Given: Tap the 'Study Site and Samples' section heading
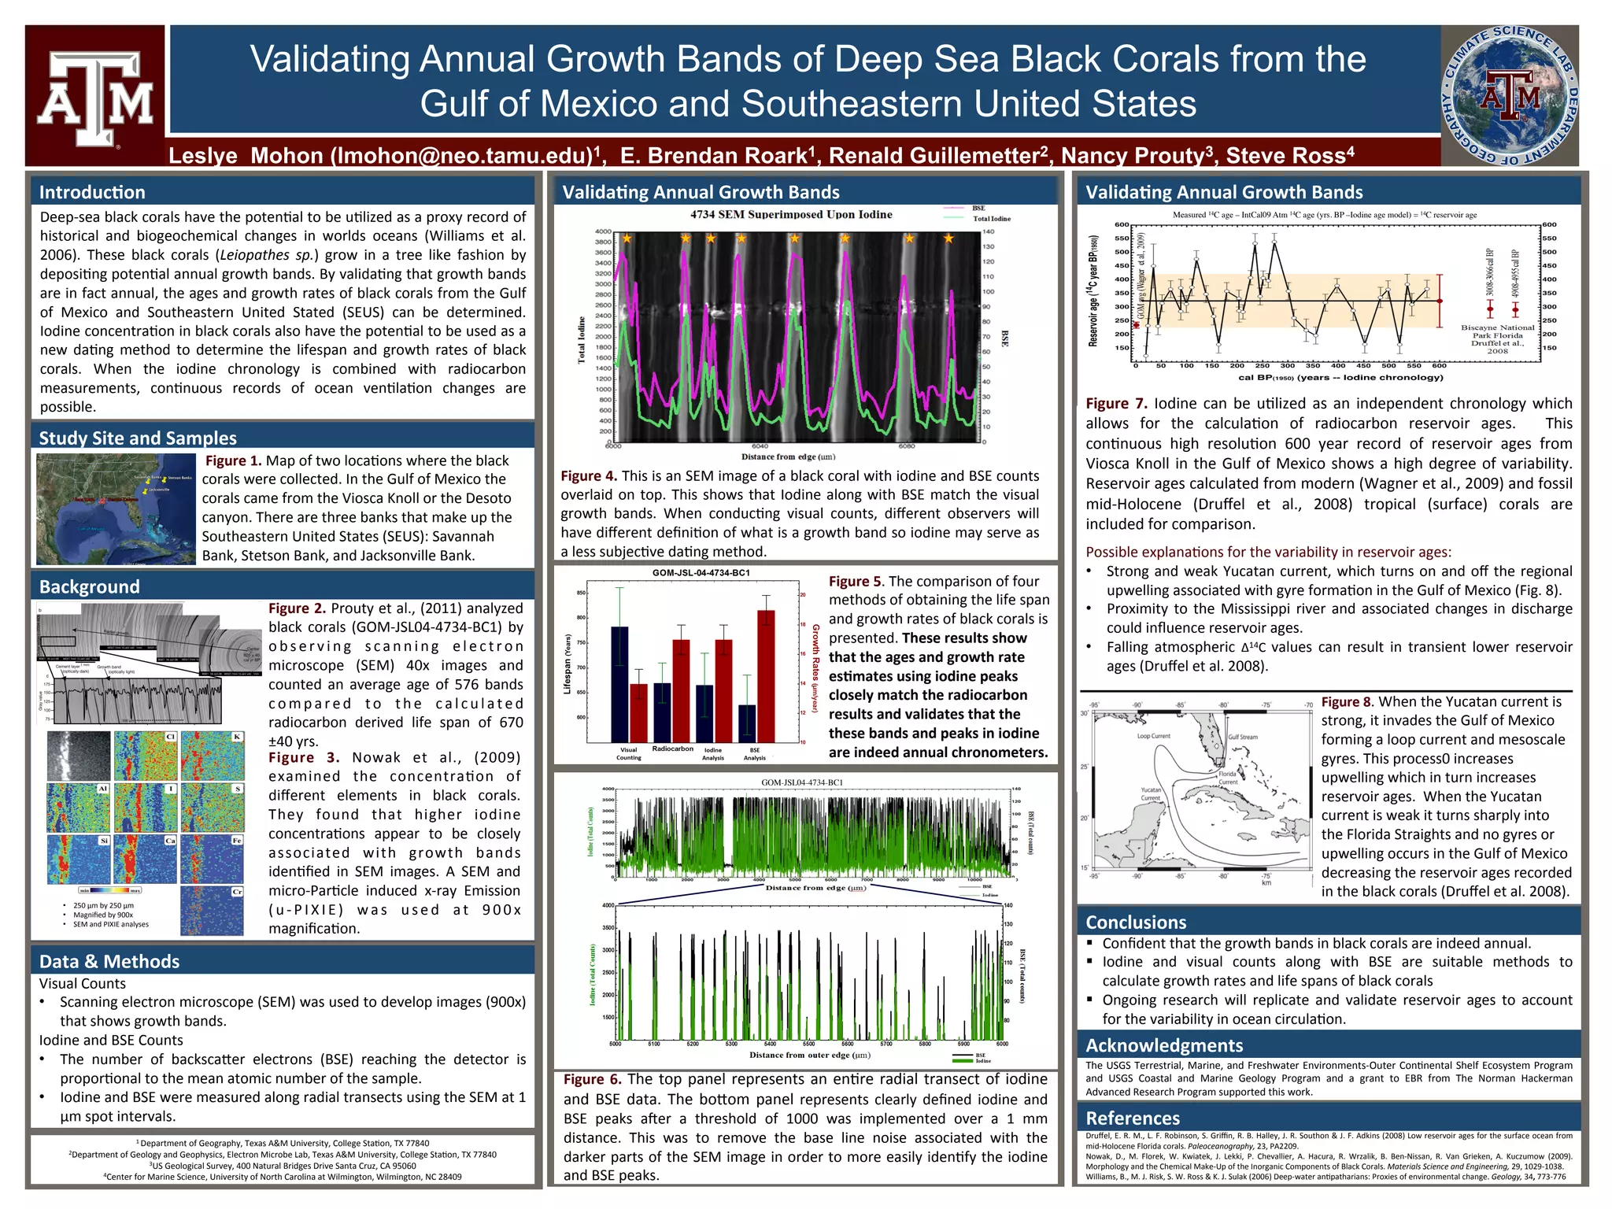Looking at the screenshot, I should (138, 438).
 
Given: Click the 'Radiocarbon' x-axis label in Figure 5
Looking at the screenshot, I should (672, 749).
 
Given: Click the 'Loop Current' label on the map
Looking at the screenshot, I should (1153, 736).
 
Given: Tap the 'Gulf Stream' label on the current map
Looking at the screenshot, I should (1243, 738).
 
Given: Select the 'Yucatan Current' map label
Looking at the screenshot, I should (1151, 793).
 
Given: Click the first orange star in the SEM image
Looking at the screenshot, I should (627, 238).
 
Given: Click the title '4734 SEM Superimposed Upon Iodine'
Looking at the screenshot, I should (791, 214).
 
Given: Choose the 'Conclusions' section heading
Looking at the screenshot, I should (1135, 922).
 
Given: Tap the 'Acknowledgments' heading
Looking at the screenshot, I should (1164, 1045).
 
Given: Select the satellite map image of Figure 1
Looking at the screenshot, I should (116, 508).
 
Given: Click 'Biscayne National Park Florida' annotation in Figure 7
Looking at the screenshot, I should (1497, 331).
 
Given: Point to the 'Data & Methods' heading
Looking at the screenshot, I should (109, 961).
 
